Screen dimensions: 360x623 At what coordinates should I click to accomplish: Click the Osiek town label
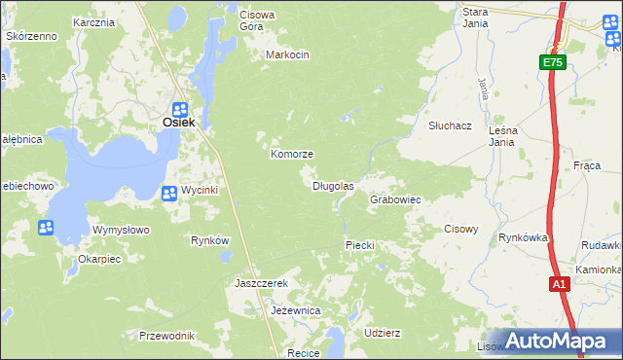(x=179, y=123)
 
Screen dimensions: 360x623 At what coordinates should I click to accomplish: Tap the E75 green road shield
(x=553, y=62)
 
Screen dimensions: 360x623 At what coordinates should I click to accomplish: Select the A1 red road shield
(x=559, y=284)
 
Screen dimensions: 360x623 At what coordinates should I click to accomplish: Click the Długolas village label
(x=333, y=185)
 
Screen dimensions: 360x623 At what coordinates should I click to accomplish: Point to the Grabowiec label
(x=395, y=199)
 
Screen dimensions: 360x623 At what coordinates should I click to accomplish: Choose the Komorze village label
(x=291, y=155)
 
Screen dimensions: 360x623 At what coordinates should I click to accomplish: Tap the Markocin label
(x=287, y=54)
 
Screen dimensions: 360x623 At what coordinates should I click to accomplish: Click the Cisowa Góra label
(x=258, y=20)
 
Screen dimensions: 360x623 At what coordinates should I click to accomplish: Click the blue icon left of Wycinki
(x=168, y=192)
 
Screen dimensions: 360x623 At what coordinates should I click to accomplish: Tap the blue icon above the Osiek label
(x=180, y=109)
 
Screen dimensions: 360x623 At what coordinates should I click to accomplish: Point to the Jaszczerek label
(x=262, y=283)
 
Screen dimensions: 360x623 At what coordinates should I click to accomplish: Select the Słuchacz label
(x=451, y=126)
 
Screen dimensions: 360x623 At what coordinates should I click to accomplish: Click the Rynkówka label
(x=524, y=237)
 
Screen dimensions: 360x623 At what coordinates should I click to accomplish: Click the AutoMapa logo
(x=558, y=341)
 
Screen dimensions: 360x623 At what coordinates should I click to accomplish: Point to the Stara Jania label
(x=475, y=18)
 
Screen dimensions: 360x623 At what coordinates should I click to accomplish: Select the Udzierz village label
(x=382, y=332)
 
